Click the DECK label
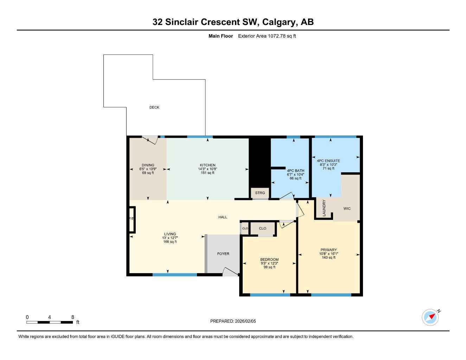click(x=154, y=108)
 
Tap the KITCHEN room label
click(x=208, y=165)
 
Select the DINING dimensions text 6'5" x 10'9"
click(x=148, y=169)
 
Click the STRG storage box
click(x=260, y=193)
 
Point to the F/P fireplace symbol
click(x=132, y=219)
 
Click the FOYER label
click(x=223, y=254)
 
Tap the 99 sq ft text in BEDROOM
click(x=269, y=267)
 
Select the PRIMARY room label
click(x=328, y=250)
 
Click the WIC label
click(x=347, y=209)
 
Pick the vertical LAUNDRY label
click(x=324, y=208)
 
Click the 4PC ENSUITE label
click(x=328, y=161)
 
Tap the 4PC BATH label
click(x=295, y=171)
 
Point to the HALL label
click(x=223, y=217)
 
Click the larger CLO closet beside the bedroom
click(x=263, y=229)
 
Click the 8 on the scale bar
click(x=73, y=317)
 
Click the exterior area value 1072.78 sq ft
click(x=282, y=36)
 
